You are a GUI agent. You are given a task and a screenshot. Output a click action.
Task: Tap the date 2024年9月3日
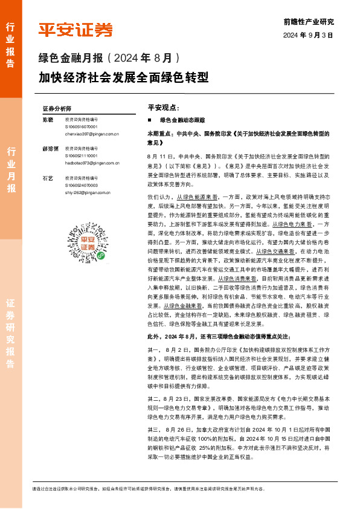pos(308,35)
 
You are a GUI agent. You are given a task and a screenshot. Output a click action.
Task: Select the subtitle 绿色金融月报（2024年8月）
pos(109,59)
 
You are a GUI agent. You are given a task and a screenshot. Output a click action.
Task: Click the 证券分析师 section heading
pos(57,109)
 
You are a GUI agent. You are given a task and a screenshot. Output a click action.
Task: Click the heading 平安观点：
pos(164,107)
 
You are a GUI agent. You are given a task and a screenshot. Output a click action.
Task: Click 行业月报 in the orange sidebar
pos(11,169)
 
